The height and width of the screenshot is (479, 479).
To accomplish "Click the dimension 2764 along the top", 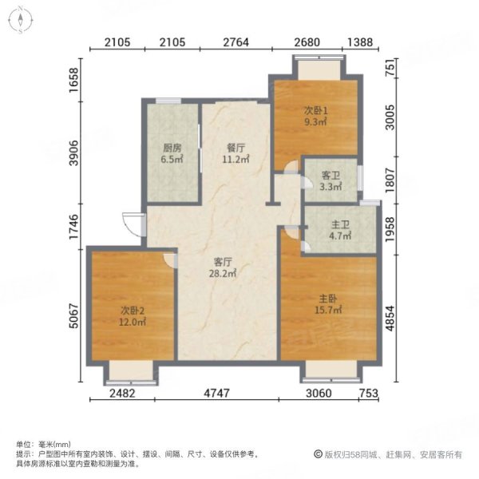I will click(235, 43).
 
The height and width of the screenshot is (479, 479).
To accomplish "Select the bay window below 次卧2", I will click(130, 370).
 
